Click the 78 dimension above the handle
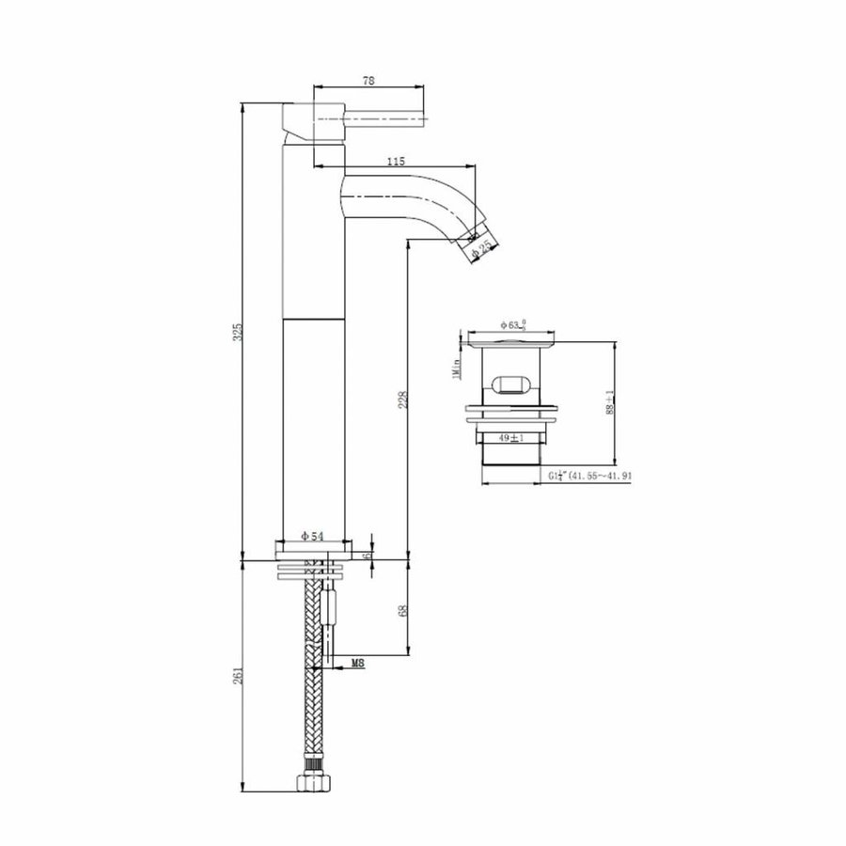(368, 82)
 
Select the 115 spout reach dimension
(396, 162)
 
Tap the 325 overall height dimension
(239, 331)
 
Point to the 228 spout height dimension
(403, 400)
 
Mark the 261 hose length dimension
(239, 676)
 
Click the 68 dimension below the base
(403, 611)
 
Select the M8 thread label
(358, 665)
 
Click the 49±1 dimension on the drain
(510, 437)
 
